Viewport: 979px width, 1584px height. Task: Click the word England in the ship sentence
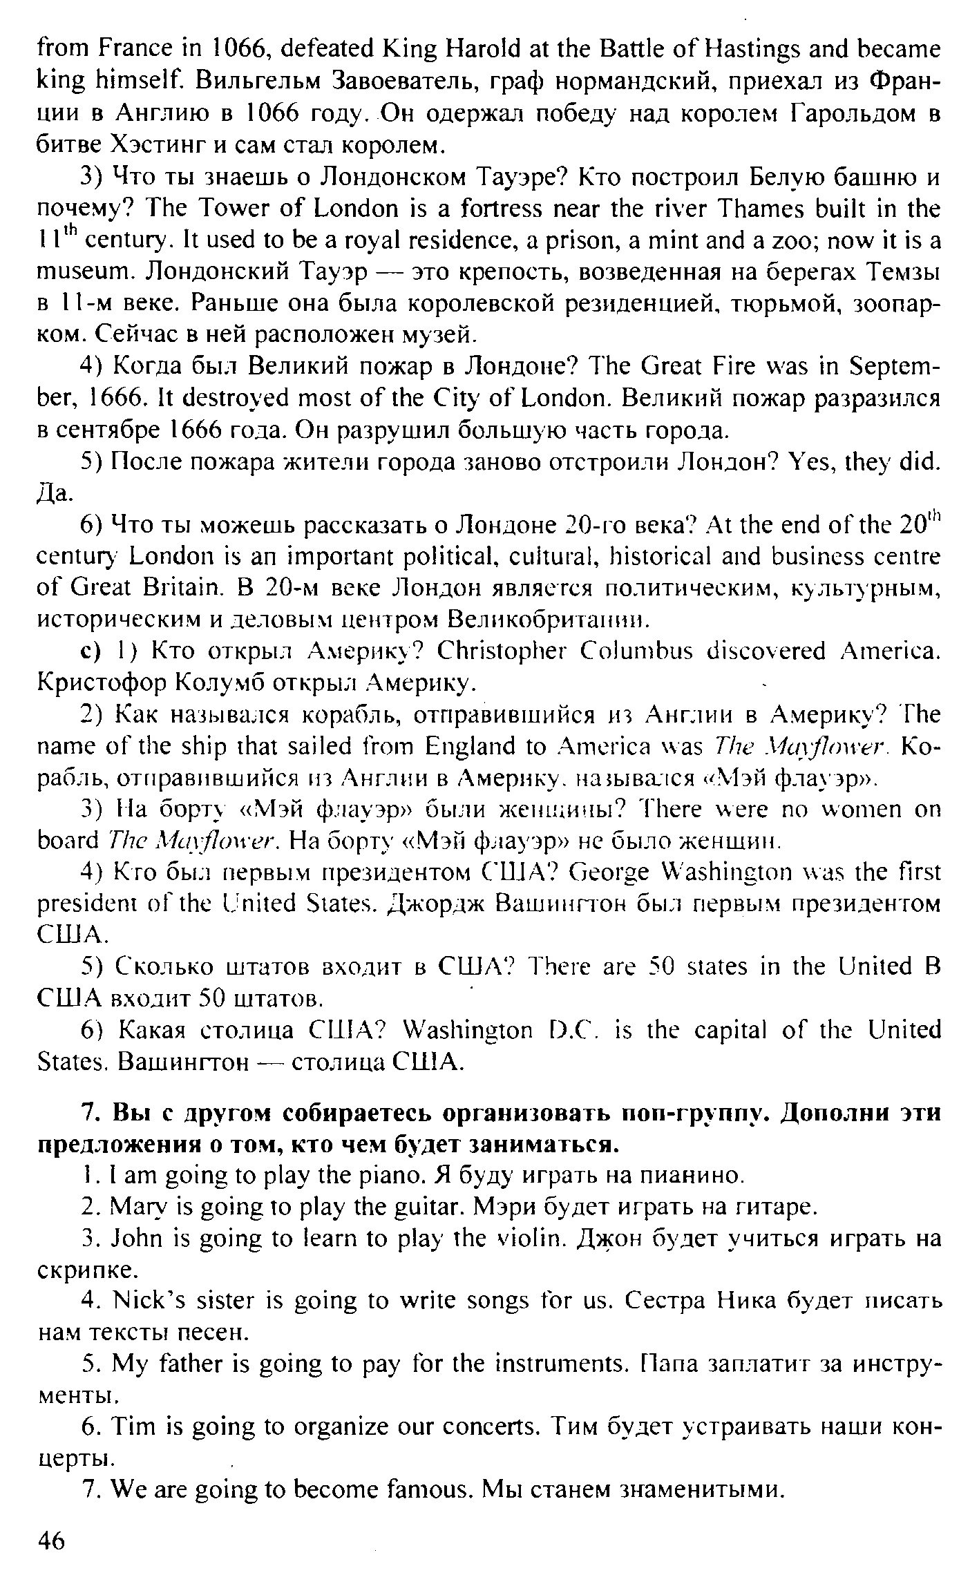pyautogui.click(x=473, y=747)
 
